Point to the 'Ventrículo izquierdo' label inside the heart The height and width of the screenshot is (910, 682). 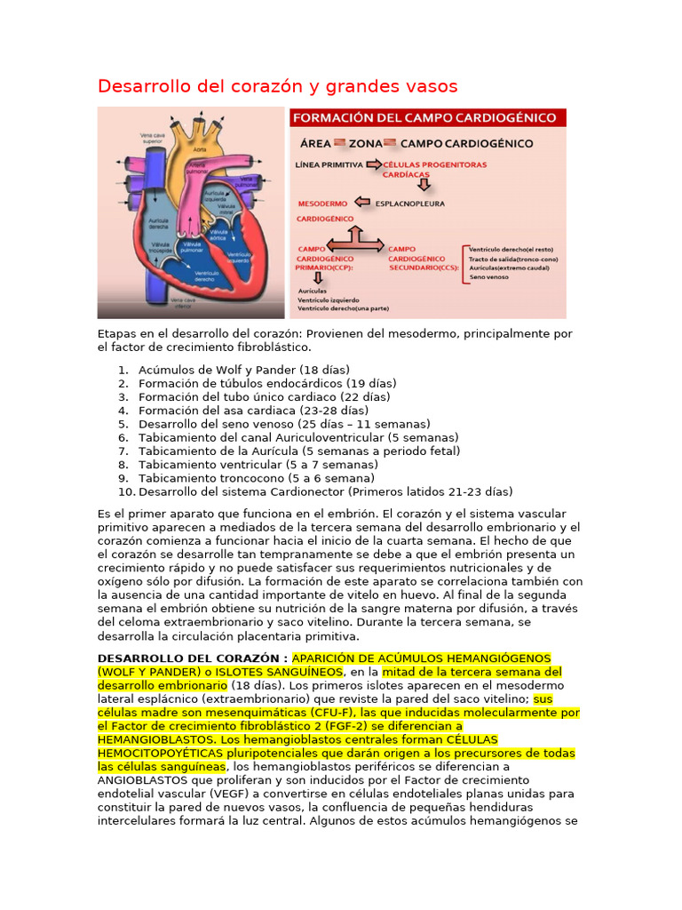[235, 254]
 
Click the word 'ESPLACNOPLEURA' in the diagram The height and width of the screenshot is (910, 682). [410, 204]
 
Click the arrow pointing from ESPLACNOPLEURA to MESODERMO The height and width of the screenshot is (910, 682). [362, 204]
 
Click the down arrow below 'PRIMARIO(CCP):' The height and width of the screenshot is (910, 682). [318, 278]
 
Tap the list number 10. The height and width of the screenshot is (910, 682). [125, 491]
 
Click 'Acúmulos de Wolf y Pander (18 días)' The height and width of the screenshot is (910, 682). [244, 370]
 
